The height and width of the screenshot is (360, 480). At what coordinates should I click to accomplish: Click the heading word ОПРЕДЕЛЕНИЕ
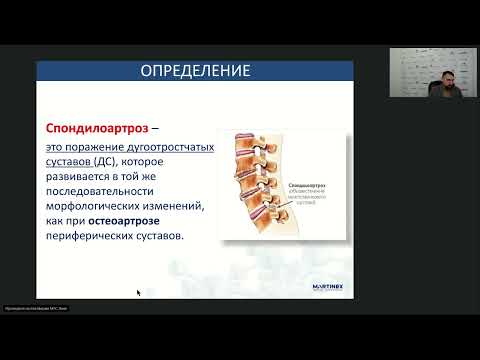click(x=195, y=71)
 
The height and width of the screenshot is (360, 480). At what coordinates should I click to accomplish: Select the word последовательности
click(x=108, y=191)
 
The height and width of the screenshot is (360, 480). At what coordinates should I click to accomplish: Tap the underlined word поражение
click(x=97, y=147)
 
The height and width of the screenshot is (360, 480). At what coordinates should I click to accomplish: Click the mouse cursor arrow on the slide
click(x=139, y=293)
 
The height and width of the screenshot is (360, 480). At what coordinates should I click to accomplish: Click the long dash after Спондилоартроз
click(x=159, y=130)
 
